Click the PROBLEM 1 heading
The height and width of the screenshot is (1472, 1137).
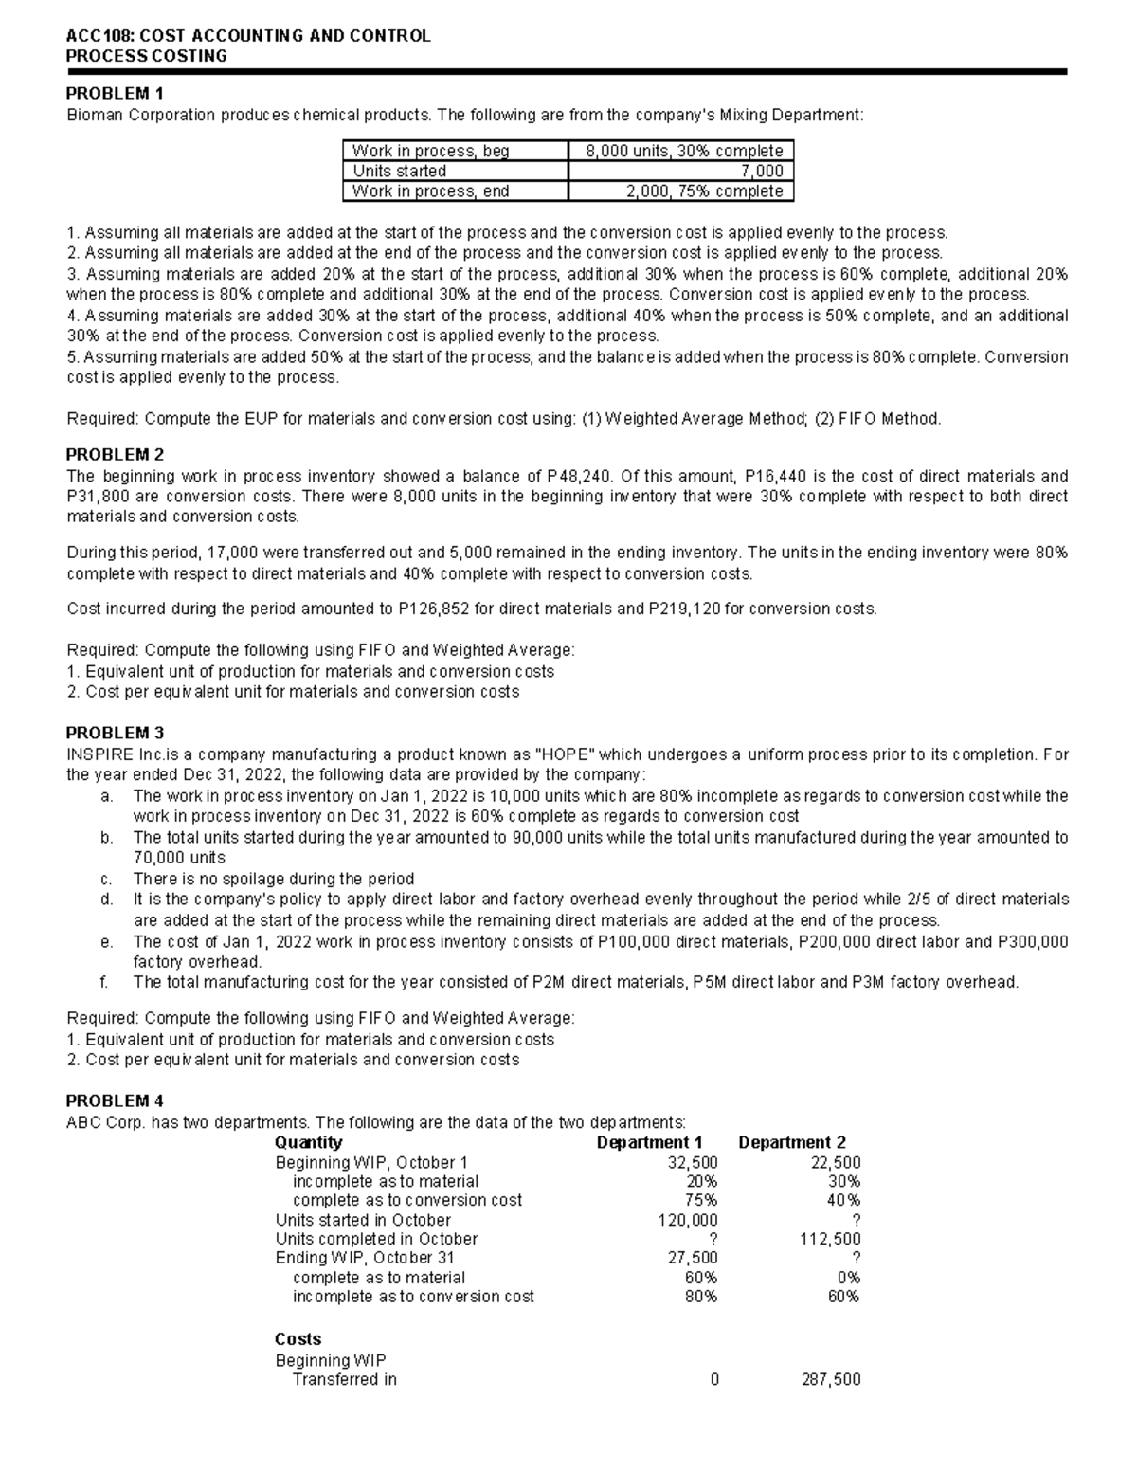pos(114,93)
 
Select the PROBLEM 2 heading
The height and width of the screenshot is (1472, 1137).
pos(114,454)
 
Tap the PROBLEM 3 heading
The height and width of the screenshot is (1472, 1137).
pos(114,733)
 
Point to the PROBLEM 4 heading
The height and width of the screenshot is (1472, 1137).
pos(114,1101)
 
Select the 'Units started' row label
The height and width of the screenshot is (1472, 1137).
pos(399,171)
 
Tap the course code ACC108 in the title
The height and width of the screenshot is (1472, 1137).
pos(99,36)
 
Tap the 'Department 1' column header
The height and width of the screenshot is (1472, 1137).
pos(649,1142)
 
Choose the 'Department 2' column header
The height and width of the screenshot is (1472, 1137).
pos(792,1142)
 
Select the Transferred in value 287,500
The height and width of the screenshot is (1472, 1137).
pos(831,1379)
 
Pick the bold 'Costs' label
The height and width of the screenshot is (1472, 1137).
pos(298,1339)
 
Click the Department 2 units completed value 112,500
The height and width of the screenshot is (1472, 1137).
pos(831,1239)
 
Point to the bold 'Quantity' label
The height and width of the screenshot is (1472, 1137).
pos(308,1142)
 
